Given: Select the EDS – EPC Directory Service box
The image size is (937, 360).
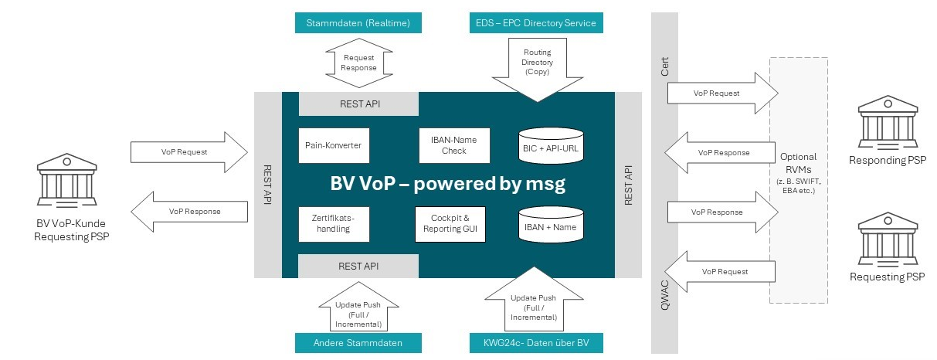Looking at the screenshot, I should pos(535,23).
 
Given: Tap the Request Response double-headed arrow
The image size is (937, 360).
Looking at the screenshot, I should pos(359,63).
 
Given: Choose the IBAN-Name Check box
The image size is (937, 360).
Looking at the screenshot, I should pos(453,145).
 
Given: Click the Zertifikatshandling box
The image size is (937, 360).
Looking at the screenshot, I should pos(334,223).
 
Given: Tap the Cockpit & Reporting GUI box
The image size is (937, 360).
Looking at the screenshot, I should pos(450,224).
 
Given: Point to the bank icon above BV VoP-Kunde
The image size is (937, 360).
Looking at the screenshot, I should pos(72,180).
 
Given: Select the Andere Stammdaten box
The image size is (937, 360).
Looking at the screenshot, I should pos(358,343).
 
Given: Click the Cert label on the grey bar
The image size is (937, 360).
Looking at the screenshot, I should pos(664,69).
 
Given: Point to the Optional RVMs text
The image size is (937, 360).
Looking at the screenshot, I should pos(799,162).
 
